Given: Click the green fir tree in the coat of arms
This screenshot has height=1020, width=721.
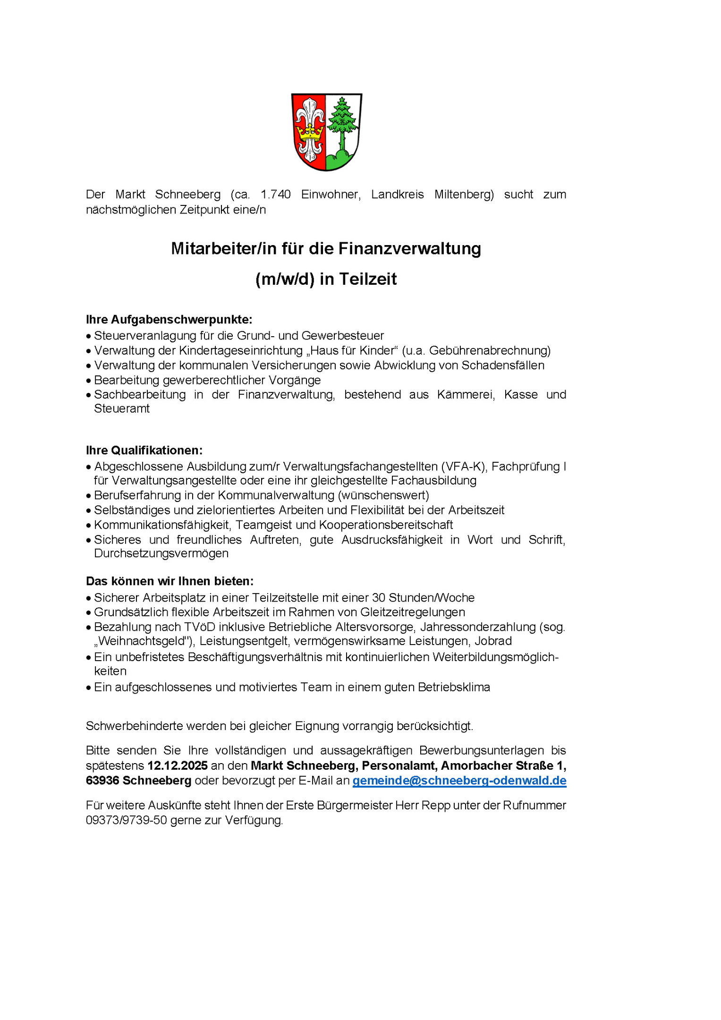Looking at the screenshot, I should click(343, 120).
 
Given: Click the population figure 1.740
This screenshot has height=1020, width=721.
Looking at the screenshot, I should click(275, 195).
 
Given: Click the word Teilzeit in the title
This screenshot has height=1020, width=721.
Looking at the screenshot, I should click(368, 279).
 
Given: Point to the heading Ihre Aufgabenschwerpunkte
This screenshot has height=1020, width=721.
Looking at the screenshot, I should click(169, 320).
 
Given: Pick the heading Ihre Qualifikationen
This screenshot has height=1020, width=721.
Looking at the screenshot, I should click(144, 450).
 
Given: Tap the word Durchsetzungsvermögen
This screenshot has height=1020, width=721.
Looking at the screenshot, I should click(161, 553).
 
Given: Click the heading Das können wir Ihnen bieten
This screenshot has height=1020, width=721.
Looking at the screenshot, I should click(170, 581).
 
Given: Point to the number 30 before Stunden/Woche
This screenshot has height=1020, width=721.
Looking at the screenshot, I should click(379, 598).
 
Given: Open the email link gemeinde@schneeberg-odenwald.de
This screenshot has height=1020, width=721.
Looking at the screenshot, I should click(459, 781).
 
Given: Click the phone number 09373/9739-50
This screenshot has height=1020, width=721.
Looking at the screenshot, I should click(127, 820).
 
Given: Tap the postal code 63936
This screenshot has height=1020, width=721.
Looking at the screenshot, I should click(102, 781).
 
